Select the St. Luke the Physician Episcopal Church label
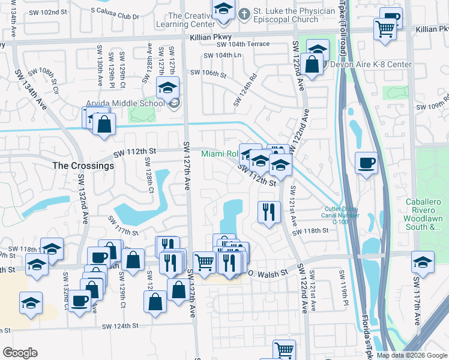(x=286, y=16)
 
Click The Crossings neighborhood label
(x=83, y=166)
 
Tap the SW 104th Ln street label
(x=222, y=56)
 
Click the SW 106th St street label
(x=208, y=74)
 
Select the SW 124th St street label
(x=120, y=326)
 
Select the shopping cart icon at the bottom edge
(x=284, y=350)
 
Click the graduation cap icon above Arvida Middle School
(x=167, y=88)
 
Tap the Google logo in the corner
(x=20, y=353)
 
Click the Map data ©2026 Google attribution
(x=411, y=355)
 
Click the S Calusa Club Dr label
(x=115, y=10)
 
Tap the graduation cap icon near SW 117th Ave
(x=423, y=263)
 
